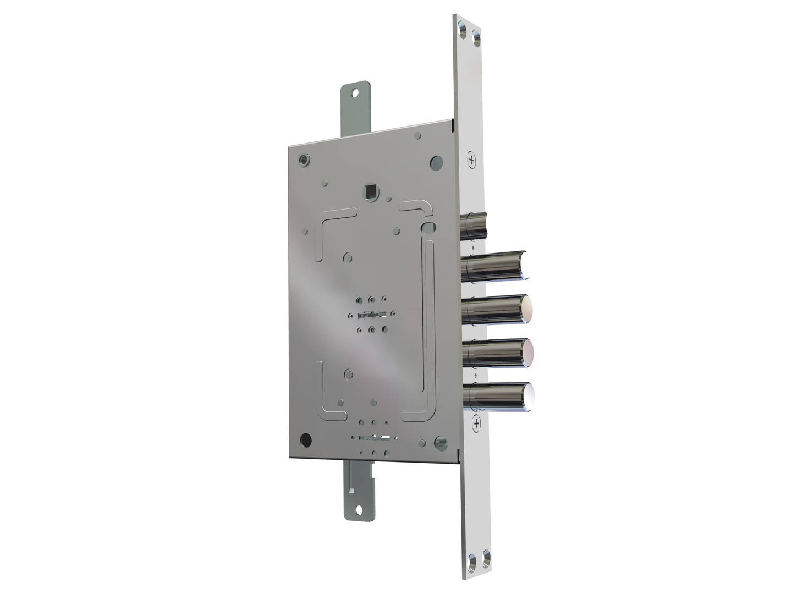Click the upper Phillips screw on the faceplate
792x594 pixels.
(472, 159)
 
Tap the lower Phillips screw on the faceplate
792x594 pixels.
(476, 422)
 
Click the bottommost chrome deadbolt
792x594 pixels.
(498, 396)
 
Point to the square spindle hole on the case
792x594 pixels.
(370, 192)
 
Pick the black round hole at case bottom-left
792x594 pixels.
(305, 439)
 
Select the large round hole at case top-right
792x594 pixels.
(436, 162)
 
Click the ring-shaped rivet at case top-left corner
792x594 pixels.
(303, 161)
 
